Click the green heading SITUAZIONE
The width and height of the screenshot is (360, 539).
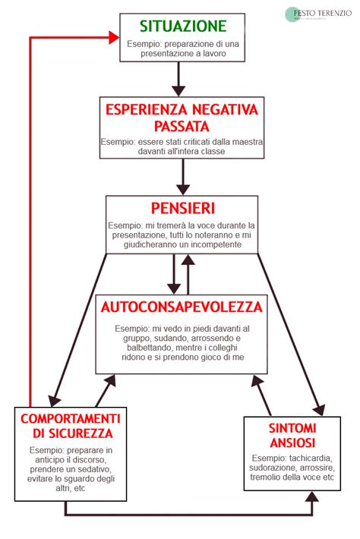coord(183,25)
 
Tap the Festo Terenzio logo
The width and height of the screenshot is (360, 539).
coord(320,14)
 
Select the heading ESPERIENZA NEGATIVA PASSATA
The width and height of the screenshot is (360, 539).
coord(182,116)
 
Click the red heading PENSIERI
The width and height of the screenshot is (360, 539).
coord(182,208)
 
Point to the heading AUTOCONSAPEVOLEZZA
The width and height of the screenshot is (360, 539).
coord(182,307)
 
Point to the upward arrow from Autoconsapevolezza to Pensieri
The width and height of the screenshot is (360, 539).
coord(188,273)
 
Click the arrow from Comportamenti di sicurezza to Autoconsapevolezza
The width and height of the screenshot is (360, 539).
coord(104,391)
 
